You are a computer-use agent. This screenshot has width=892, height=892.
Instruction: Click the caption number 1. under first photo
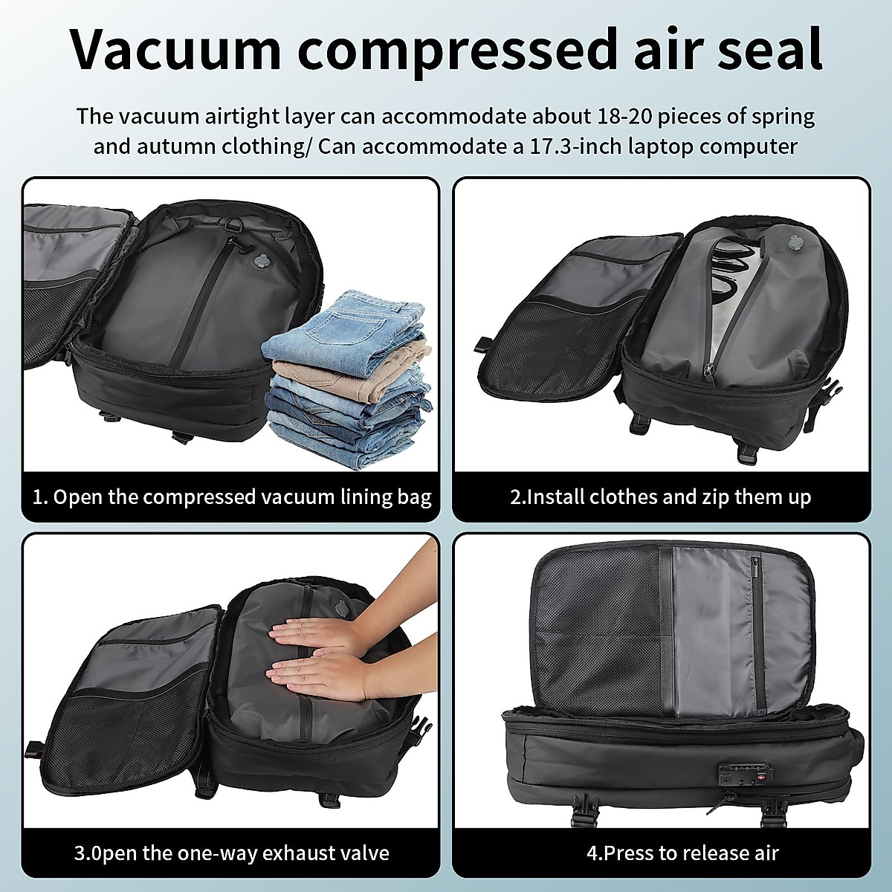40,497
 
